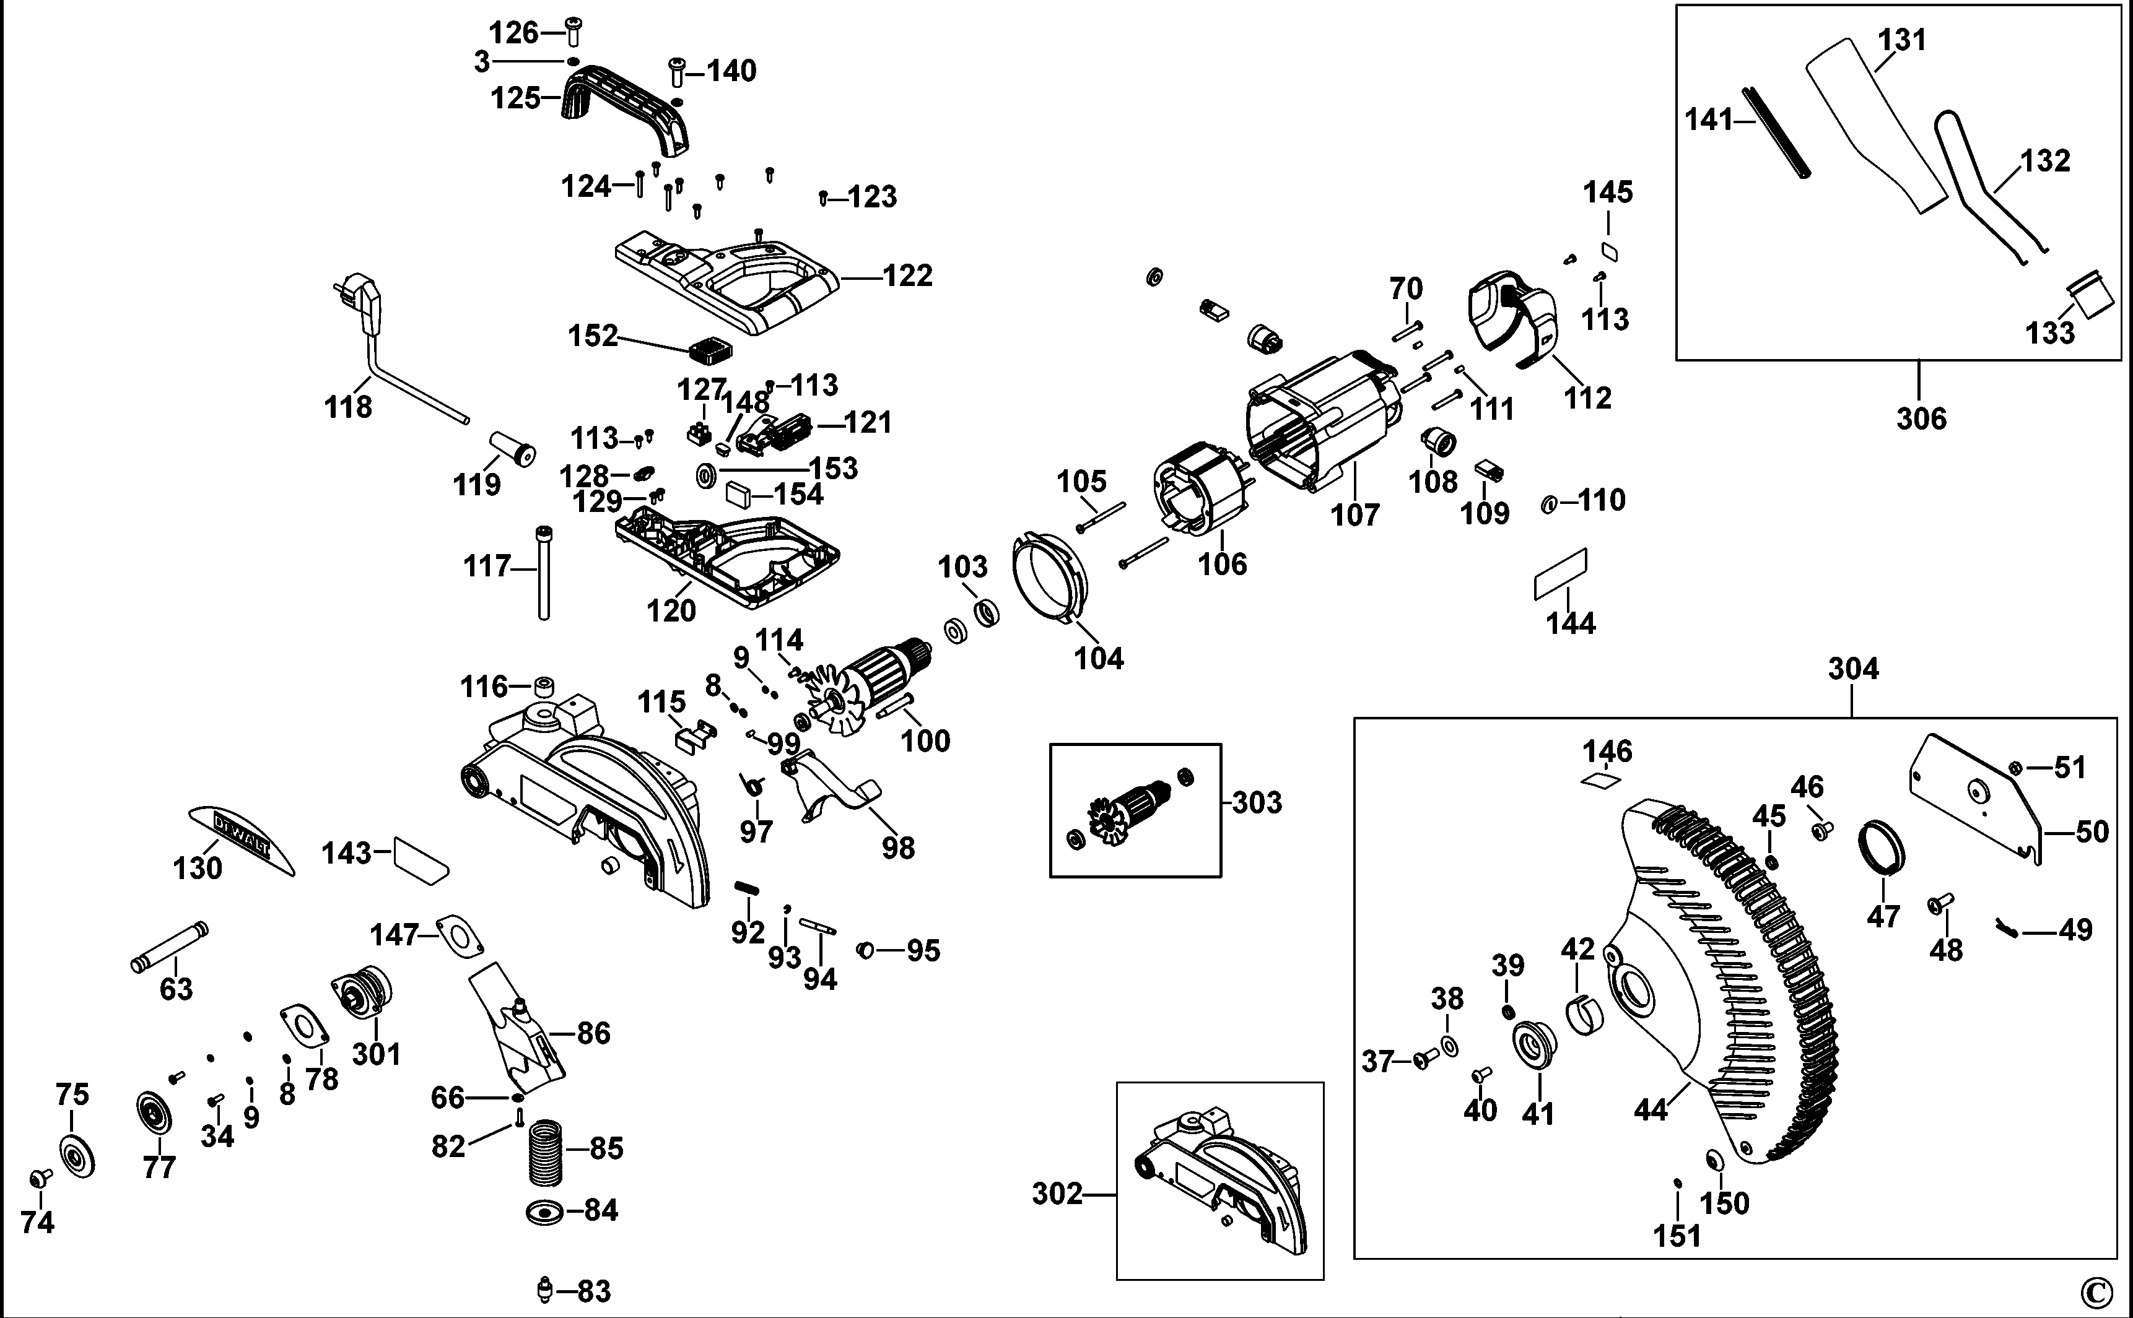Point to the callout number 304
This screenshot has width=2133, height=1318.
tap(1852, 669)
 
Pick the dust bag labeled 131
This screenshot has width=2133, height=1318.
tap(1875, 131)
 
